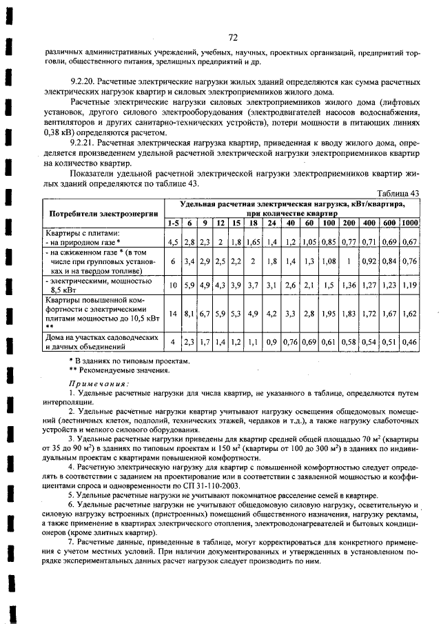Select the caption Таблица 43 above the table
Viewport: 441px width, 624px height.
[399, 194]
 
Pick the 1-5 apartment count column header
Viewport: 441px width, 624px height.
[173, 223]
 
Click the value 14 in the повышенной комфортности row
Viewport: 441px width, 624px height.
[172, 313]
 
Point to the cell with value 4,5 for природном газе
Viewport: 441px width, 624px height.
[172, 242]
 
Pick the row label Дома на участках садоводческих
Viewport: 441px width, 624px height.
[97, 338]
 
